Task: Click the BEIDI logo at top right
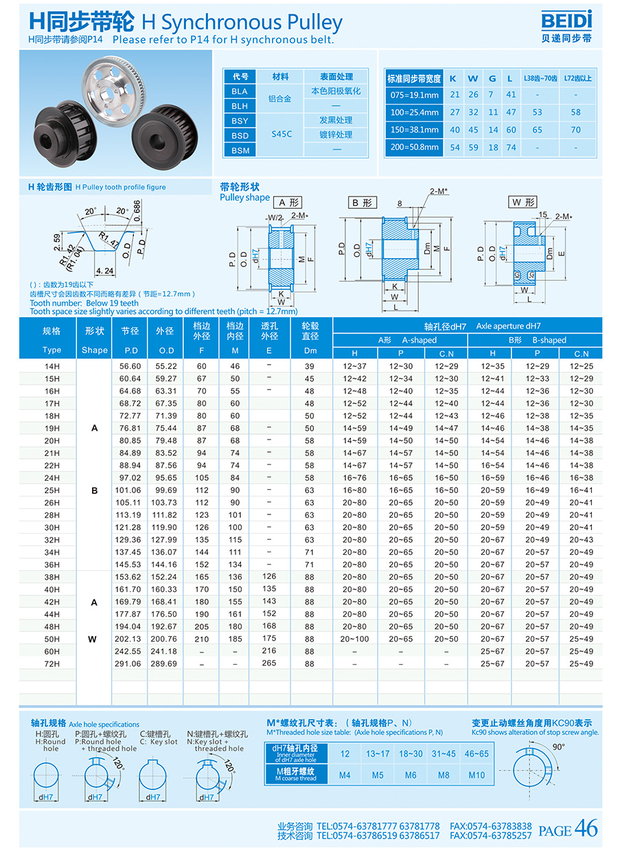(566, 26)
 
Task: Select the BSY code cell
(240, 120)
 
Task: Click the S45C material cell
(282, 135)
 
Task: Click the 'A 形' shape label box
(288, 203)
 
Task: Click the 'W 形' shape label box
(523, 202)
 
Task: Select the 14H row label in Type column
(51, 366)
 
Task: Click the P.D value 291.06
(130, 663)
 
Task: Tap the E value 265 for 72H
(269, 663)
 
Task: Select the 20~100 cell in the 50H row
(354, 639)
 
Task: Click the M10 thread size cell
(477, 775)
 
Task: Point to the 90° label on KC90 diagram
(558, 747)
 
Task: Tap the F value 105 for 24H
(201, 477)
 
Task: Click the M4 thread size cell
(345, 775)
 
